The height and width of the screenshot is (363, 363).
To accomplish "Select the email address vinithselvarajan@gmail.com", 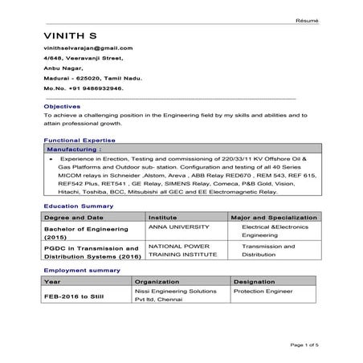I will coord(88,48).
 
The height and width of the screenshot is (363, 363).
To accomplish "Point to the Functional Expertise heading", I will coord(79,140).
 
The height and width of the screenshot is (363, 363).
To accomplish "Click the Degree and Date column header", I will coord(74,218).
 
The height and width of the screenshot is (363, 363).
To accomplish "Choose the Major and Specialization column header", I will coord(274,218).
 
